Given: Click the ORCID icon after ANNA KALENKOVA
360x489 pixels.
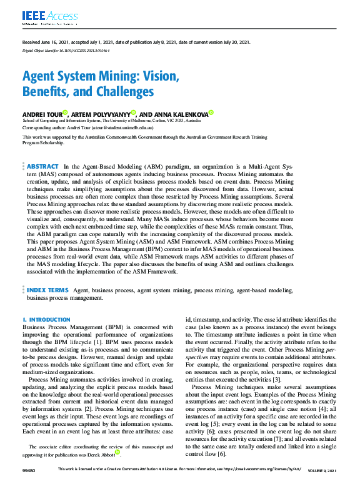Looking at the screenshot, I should tap(211, 113).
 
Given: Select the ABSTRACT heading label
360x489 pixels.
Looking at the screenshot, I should tap(42, 167).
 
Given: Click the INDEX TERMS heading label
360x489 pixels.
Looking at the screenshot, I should tap(47, 291).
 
